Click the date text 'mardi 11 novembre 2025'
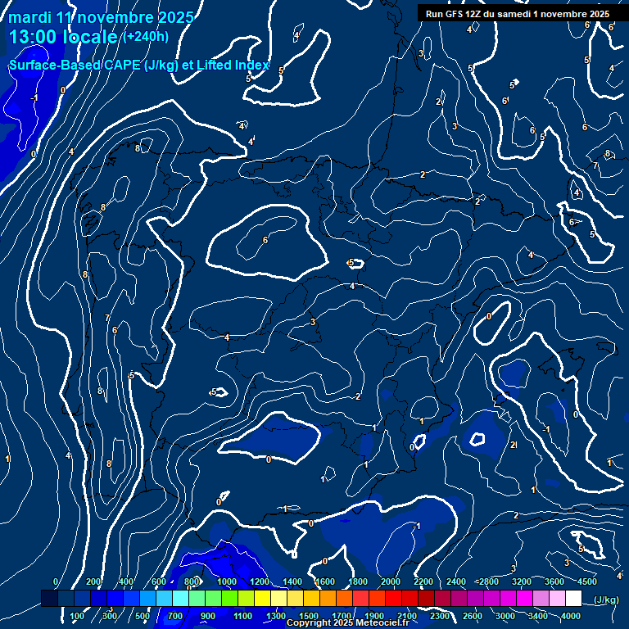102,17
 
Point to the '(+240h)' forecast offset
145,36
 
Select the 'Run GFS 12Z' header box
517,14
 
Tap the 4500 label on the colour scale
586,581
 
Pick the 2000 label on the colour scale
391,581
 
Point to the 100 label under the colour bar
78,616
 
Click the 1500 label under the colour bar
309,616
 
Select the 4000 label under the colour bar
571,616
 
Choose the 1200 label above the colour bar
260,581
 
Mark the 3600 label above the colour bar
554,581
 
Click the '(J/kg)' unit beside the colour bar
606,600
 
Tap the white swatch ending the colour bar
573,599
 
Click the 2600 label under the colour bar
473,616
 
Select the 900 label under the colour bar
208,616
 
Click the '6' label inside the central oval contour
265,240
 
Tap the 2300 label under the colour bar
440,616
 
